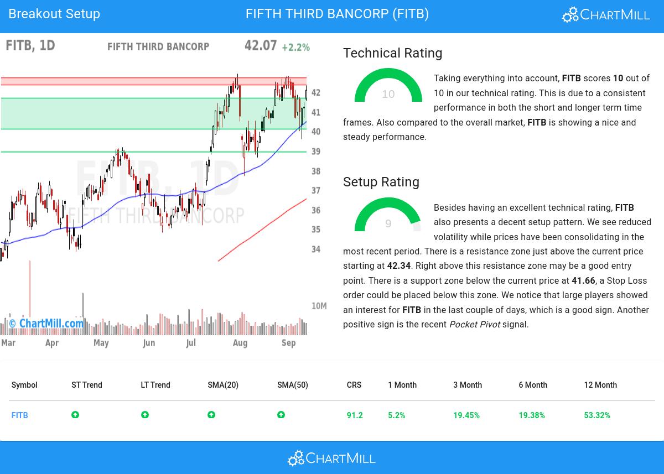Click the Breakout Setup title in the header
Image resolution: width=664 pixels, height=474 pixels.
tap(54, 14)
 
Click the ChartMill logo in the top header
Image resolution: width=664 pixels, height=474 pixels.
tap(606, 15)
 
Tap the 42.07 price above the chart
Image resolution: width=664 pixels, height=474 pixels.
tap(260, 45)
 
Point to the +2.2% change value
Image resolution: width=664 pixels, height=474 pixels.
tap(295, 48)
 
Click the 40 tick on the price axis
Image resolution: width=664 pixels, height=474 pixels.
tap(316, 132)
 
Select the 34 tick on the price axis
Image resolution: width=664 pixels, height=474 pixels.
tap(316, 249)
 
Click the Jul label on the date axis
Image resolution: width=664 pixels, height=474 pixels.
tap(191, 343)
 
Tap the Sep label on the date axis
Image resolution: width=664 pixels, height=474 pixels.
tap(288, 343)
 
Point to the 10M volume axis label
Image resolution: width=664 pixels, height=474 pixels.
tap(319, 306)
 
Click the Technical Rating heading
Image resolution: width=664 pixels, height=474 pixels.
tap(392, 53)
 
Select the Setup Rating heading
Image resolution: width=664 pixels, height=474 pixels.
tap(381, 182)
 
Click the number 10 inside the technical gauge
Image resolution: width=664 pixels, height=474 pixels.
tap(388, 95)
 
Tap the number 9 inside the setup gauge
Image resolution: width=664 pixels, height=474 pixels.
tap(388, 223)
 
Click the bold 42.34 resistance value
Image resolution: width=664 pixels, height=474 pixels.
tap(398, 266)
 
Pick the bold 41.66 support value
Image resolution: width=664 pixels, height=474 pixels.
tap(583, 281)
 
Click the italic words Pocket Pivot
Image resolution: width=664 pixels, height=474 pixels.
tap(474, 325)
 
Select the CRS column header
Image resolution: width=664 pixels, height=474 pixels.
tap(354, 385)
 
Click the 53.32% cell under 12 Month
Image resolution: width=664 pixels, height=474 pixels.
tap(596, 415)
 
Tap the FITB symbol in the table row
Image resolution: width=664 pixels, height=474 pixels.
tap(19, 415)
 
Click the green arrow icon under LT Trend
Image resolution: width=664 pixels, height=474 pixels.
tap(145, 415)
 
